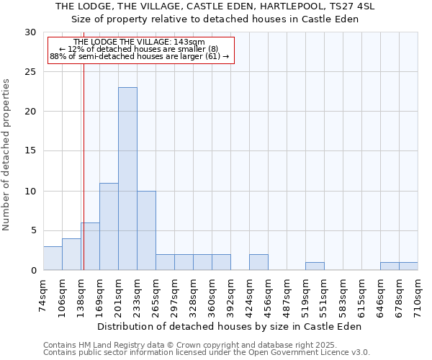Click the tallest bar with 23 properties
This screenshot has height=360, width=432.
click(127, 179)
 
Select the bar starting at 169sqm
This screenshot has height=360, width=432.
click(109, 227)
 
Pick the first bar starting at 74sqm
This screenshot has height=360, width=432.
click(53, 258)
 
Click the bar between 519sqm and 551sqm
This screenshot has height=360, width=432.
click(315, 266)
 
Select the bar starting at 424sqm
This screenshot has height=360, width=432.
click(258, 263)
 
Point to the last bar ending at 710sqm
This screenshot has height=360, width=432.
click(408, 266)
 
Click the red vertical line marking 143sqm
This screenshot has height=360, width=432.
click(84, 180)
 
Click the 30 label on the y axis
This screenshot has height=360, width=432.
click(31, 32)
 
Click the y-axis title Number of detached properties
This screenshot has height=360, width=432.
click(7, 155)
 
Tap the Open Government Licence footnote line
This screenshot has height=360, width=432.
click(207, 353)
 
